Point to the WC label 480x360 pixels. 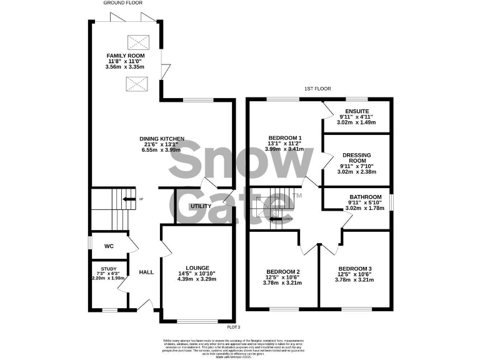[x=108, y=246]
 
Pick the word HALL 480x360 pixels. [x=146, y=272]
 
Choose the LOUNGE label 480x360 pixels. [x=197, y=267]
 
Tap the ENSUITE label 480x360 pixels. [x=356, y=111]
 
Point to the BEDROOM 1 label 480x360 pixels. [x=285, y=137]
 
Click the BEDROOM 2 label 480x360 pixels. [x=283, y=271]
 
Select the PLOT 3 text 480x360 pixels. [x=233, y=326]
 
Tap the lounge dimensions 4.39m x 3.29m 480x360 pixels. [x=197, y=279]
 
